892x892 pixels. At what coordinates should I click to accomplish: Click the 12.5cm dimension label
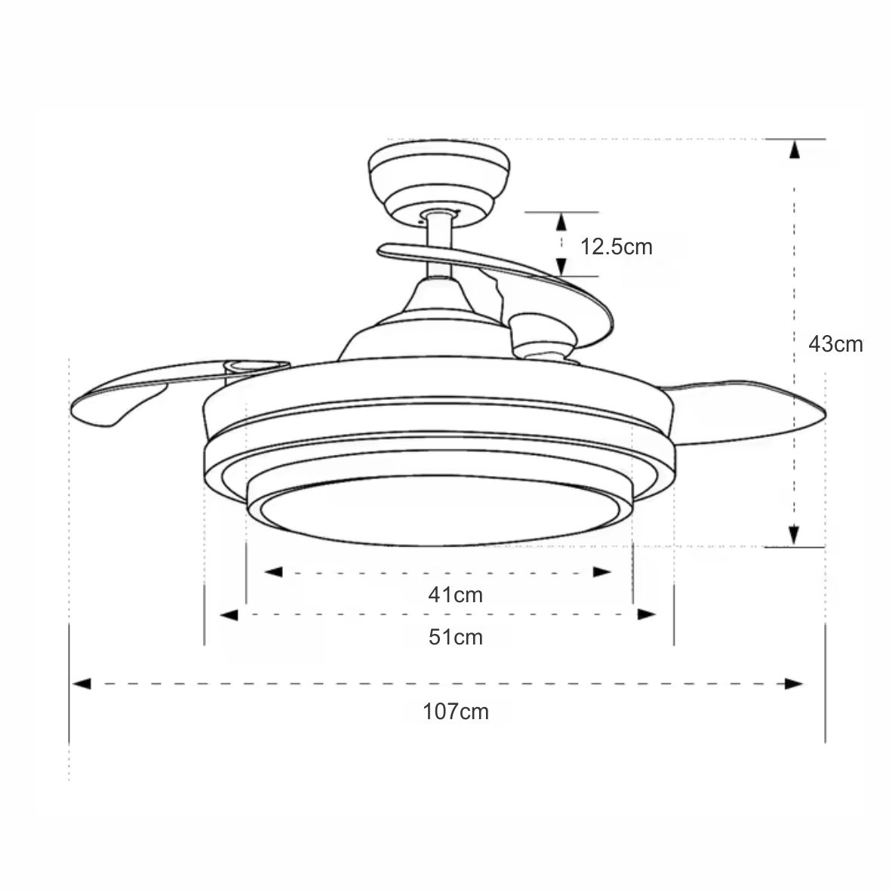[x=616, y=246]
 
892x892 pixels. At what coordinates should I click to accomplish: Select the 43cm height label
[x=835, y=344]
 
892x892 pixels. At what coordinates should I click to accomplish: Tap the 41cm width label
[x=455, y=595]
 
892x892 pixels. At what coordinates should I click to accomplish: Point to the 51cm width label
[x=455, y=638]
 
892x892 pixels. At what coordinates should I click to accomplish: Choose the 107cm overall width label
[x=455, y=711]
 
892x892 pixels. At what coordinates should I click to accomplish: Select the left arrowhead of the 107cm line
[x=82, y=684]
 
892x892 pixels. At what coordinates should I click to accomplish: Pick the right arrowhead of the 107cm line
[x=794, y=684]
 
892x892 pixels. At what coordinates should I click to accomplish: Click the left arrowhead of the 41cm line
[x=273, y=572]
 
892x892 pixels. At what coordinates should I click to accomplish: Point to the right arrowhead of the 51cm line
[x=646, y=615]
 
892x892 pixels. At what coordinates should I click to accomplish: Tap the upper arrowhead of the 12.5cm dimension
[x=561, y=221]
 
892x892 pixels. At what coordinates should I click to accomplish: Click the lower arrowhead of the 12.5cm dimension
[x=561, y=266]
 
